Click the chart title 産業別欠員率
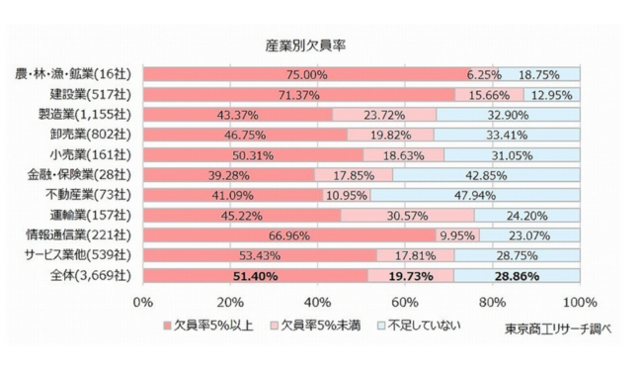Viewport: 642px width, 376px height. [304, 46]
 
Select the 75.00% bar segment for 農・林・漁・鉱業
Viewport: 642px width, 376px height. [306, 74]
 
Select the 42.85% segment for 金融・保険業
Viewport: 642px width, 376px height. [486, 175]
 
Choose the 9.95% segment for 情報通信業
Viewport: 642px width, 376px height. [456, 235]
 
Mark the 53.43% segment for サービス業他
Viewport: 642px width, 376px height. [260, 256]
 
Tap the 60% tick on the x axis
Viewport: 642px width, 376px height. [405, 300]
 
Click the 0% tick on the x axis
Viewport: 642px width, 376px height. [143, 300]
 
